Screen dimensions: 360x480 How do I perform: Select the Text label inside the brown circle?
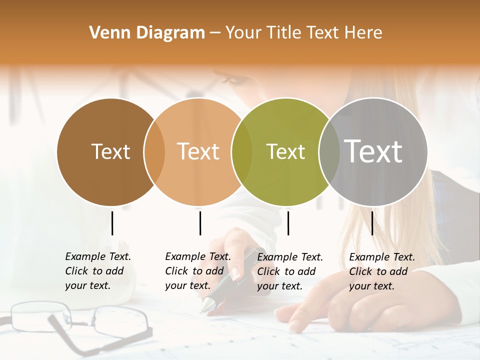coord(110,151)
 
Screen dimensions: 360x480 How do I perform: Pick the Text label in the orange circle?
coord(198,151)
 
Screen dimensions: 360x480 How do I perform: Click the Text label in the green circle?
coord(285,151)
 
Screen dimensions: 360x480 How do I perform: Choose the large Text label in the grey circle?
coord(373,151)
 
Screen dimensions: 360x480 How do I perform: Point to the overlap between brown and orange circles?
coord(154,151)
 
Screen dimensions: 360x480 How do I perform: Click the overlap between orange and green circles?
coord(242,151)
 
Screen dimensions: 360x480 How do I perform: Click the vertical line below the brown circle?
coord(112,223)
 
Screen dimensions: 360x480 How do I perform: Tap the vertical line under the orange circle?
coord(200,223)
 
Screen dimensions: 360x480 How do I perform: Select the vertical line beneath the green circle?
coord(288,223)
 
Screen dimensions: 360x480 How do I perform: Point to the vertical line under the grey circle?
coord(372,223)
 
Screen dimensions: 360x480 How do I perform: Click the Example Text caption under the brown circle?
coord(97,271)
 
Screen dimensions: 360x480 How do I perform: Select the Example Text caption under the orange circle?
coord(197,271)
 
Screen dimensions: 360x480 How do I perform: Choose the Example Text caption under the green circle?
coord(289,271)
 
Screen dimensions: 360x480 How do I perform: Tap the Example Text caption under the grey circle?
coord(381,271)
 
